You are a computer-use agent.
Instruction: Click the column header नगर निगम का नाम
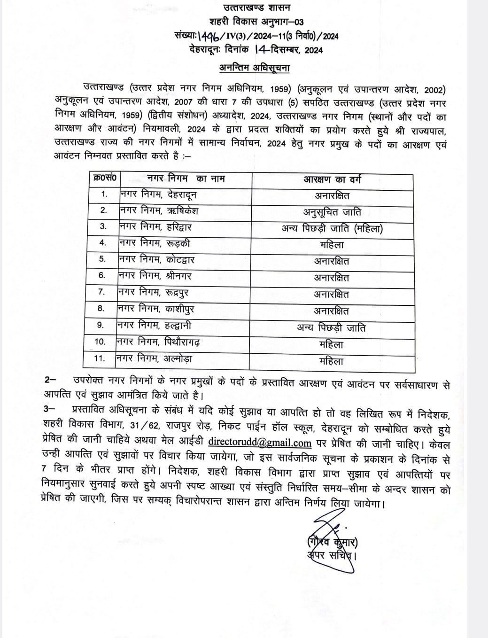tap(186, 179)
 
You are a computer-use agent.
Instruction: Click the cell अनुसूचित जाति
tap(332, 212)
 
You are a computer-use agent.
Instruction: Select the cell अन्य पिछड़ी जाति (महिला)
tap(332, 229)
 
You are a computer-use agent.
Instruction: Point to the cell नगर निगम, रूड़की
tap(154, 243)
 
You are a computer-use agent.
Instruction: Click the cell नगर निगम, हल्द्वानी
tap(155, 325)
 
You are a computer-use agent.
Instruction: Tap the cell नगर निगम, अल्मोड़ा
tap(155, 358)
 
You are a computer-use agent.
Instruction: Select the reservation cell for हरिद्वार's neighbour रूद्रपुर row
tap(332, 295)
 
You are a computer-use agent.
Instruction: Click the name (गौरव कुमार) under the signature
tap(330, 542)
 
